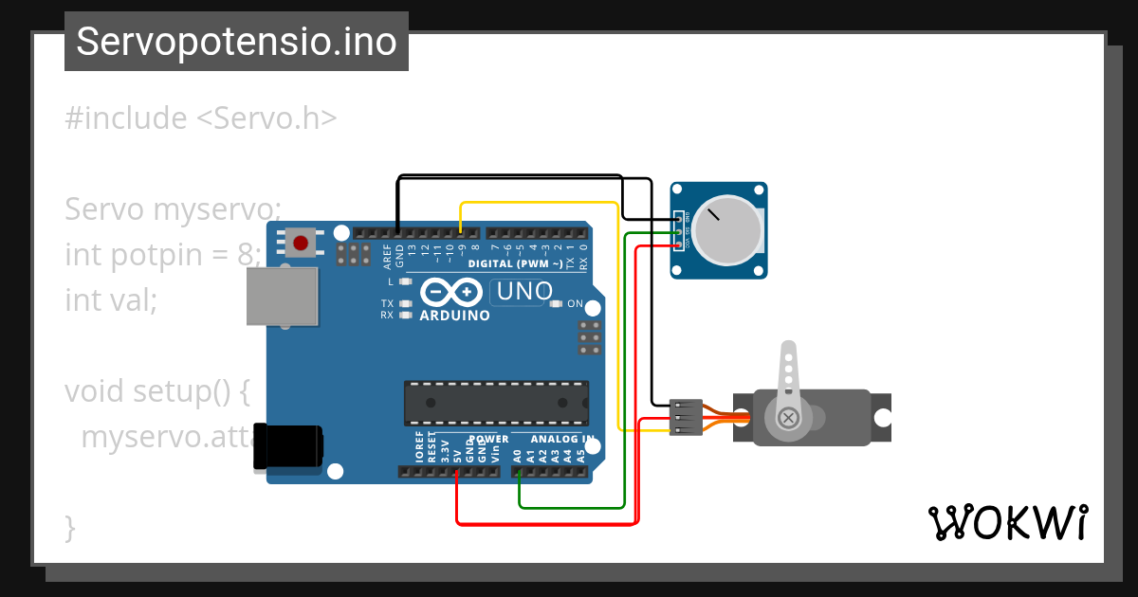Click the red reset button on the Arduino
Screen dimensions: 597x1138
[302, 243]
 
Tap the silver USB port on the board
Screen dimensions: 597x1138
[283, 297]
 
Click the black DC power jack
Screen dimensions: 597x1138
[288, 445]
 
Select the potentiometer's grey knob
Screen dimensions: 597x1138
[725, 231]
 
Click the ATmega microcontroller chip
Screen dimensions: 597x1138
[496, 403]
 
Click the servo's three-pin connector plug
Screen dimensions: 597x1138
[686, 417]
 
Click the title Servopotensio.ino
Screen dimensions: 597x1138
[236, 42]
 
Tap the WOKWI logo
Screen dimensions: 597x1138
[1007, 522]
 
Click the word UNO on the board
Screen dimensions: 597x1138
[524, 291]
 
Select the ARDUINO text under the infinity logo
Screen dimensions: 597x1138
[454, 315]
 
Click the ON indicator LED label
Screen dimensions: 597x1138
[575, 304]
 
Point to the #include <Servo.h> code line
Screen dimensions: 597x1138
[201, 118]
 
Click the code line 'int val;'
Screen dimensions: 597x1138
[110, 300]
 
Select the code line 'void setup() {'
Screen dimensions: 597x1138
[156, 390]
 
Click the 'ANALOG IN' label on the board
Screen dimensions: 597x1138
[561, 440]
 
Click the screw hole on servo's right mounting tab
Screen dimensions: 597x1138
[882, 417]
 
